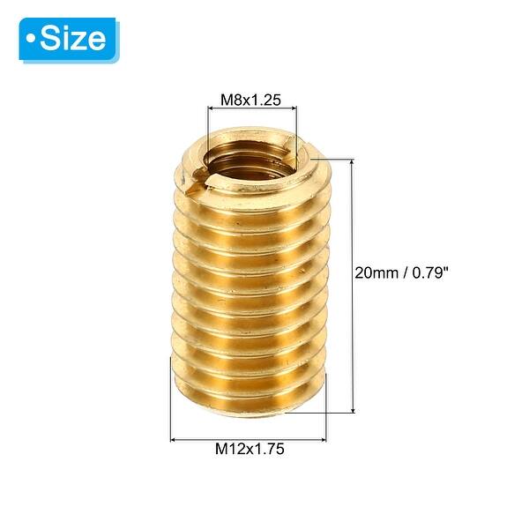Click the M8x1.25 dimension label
click(250, 100)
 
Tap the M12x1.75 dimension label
click(250, 449)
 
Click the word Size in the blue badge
click(73, 39)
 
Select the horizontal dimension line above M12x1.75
click(248, 436)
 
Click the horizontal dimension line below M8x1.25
click(252, 110)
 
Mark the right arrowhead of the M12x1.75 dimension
click(324, 436)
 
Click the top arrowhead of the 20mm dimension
click(354, 162)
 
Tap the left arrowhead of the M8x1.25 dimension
click(211, 110)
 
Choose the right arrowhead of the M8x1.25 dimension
click(294, 110)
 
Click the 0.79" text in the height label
click(431, 272)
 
